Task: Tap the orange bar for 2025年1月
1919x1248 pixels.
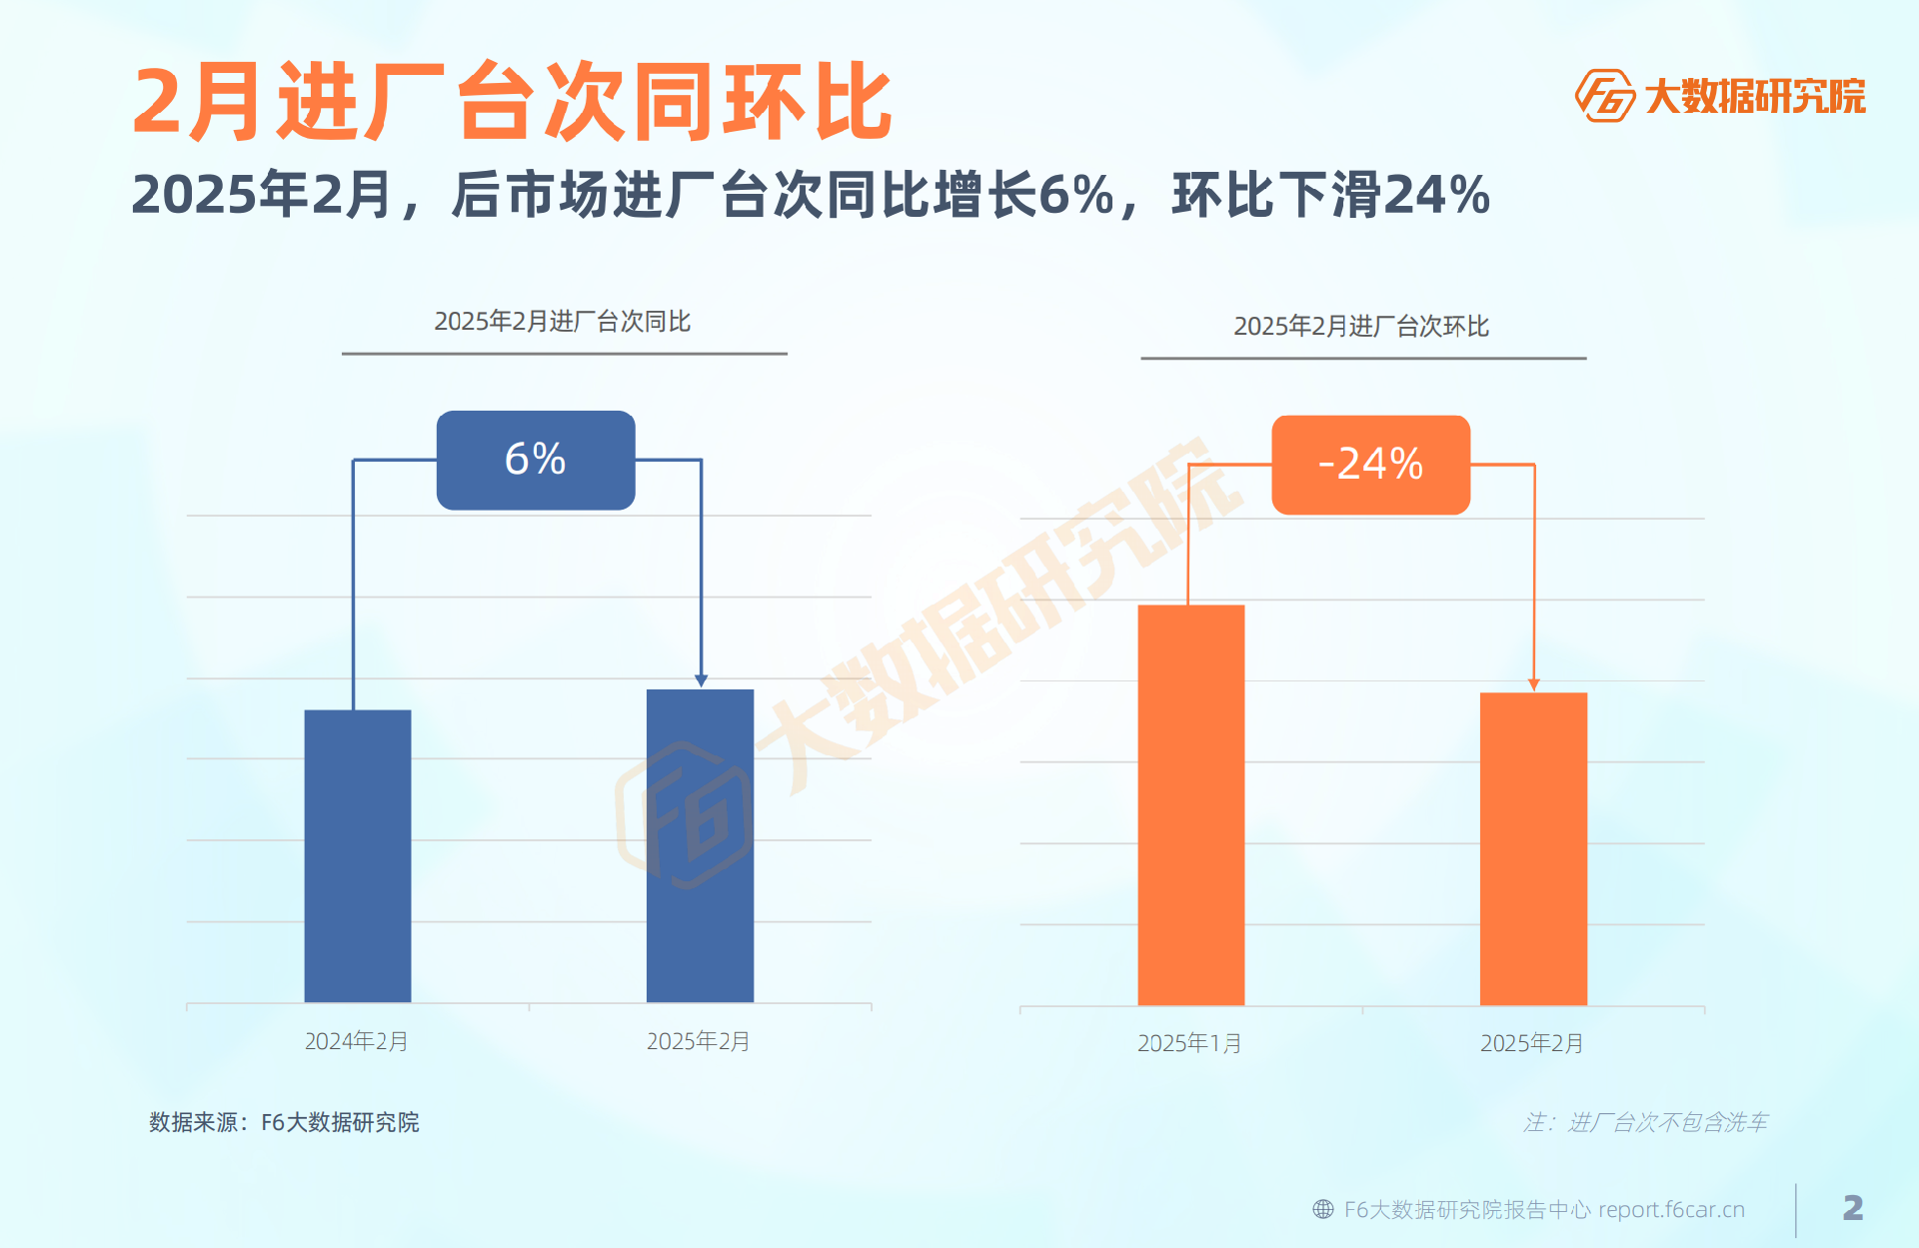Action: click(x=1190, y=804)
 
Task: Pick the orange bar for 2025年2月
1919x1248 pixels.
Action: click(x=1533, y=848)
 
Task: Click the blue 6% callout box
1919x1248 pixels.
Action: click(x=536, y=460)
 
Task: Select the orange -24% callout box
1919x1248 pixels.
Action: click(x=1370, y=465)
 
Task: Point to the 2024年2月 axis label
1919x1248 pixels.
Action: click(x=357, y=1041)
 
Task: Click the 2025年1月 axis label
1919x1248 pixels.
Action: click(x=1189, y=1043)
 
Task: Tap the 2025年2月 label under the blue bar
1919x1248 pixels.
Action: click(x=699, y=1041)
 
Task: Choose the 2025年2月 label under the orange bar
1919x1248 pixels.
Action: click(x=1532, y=1043)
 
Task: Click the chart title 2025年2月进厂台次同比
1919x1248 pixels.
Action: click(x=563, y=322)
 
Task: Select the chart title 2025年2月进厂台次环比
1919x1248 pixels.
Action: click(x=1361, y=327)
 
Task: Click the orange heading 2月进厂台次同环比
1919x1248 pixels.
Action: click(x=512, y=102)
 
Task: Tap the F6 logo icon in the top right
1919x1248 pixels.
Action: click(x=1604, y=96)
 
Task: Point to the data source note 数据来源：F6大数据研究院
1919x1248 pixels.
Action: click(x=284, y=1122)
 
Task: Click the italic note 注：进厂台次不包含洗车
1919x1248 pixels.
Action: click(x=1645, y=1122)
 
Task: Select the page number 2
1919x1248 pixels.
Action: click(x=1852, y=1208)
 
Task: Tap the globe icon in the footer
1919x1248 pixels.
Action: click(x=1323, y=1209)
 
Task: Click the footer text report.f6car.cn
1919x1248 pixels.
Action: click(x=1671, y=1209)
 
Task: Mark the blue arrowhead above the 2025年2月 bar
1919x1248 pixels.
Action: click(x=701, y=680)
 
